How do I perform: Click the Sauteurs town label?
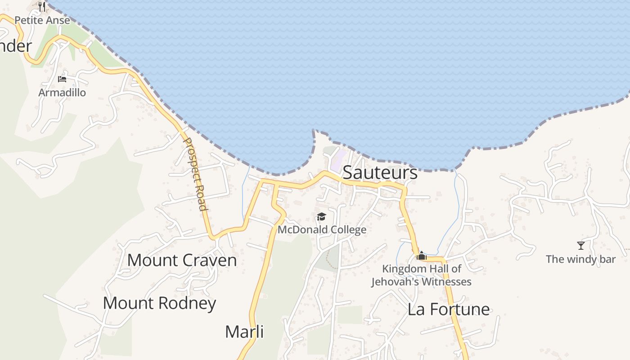380,173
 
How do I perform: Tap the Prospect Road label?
195,174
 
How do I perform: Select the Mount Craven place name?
182,260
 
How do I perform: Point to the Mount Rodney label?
159,303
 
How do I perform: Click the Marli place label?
244,332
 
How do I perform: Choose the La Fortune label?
448,309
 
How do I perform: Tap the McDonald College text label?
322,230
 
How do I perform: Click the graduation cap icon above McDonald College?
321,217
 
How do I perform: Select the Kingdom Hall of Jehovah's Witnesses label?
421,275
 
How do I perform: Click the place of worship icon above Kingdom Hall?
422,256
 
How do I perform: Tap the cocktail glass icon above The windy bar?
581,246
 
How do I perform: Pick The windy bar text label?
580,259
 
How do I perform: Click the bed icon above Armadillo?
62,79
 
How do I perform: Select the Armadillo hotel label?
62,93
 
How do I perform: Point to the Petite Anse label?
42,20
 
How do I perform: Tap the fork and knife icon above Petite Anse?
42,6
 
